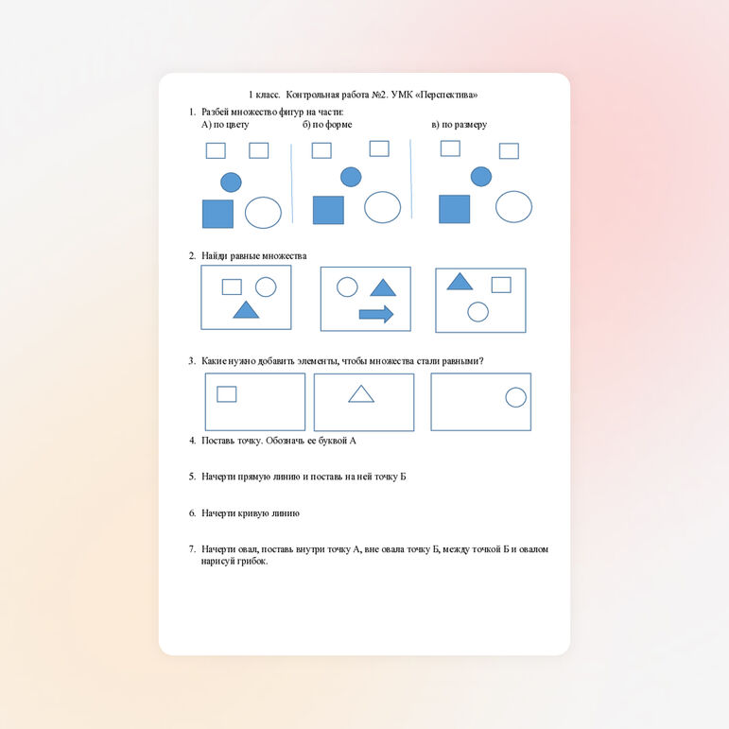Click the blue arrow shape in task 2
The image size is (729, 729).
[x=376, y=314]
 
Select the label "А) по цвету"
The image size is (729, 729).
[x=225, y=125]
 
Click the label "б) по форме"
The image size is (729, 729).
[x=327, y=125]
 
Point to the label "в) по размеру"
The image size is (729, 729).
[x=460, y=125]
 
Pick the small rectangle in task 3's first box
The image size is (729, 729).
[x=226, y=394]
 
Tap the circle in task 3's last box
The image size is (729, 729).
[x=515, y=397]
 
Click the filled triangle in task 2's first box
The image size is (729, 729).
[x=246, y=309]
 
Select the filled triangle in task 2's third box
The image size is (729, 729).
[x=460, y=281]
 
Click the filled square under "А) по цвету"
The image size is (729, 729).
[x=217, y=214]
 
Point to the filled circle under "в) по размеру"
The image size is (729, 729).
[x=481, y=177]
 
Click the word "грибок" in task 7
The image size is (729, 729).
[x=253, y=561]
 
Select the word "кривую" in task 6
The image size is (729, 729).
[x=254, y=513]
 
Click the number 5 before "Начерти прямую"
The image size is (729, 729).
[x=192, y=477]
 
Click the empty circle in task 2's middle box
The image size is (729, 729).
[x=347, y=286]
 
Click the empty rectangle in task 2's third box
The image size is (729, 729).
[x=501, y=285]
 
